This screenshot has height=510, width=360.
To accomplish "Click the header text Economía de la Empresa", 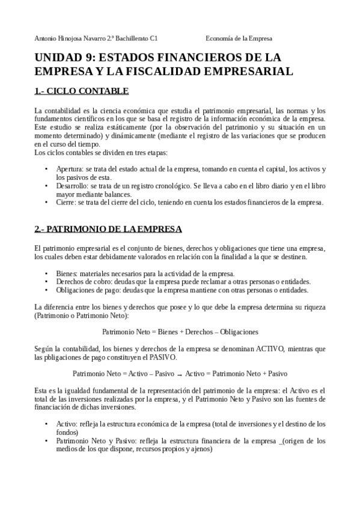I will click(239, 38).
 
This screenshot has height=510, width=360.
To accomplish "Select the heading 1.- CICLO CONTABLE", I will click(82, 91).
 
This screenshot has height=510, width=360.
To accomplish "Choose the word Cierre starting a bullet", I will click(65, 203).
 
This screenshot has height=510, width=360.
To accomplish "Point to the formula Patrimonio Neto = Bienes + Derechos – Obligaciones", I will click(180, 331).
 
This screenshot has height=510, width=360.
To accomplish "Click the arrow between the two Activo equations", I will click(180, 373).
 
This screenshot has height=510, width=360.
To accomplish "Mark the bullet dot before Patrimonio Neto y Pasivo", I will click(47, 441).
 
